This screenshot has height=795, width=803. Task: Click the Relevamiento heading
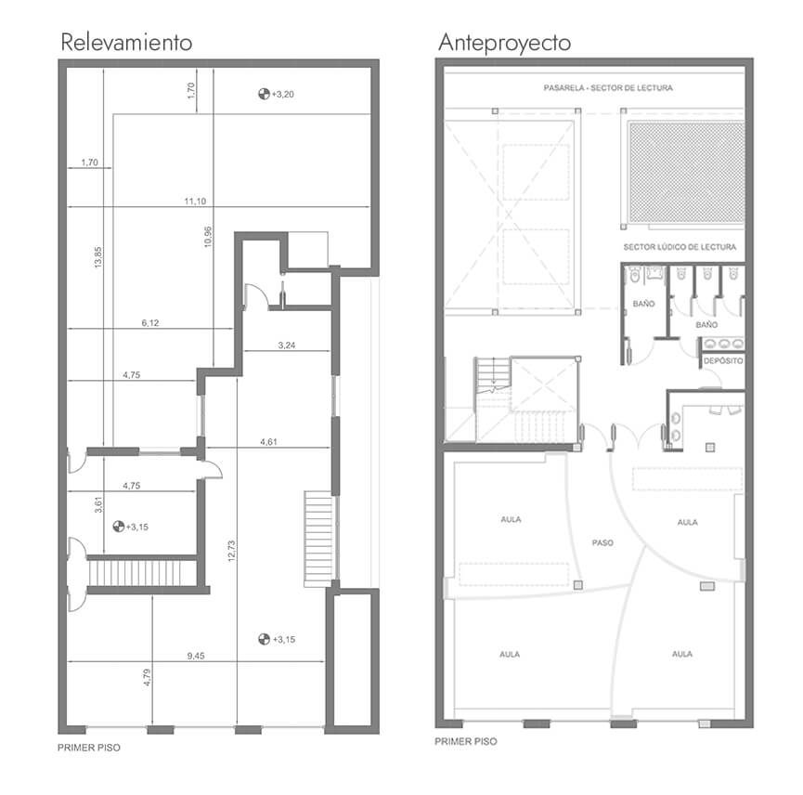pos(126,42)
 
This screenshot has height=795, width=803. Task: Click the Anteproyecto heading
pos(504,43)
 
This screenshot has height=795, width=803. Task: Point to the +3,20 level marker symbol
pos(264,94)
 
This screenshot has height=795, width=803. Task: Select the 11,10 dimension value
pos(195,202)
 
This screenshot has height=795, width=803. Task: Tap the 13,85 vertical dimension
pos(98,257)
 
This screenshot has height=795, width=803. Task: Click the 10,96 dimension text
pos(208,237)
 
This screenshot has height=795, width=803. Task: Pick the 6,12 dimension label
pos(150,323)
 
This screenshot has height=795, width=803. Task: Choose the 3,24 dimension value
pos(287,345)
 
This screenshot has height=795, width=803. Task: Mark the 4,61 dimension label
pos(269,441)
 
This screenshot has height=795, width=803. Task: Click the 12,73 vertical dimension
pos(231,551)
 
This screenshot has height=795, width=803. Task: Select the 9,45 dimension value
pos(196,656)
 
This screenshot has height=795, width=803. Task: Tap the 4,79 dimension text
pos(148,677)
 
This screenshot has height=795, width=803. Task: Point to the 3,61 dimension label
pos(98,504)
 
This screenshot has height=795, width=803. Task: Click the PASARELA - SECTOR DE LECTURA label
pos(608,88)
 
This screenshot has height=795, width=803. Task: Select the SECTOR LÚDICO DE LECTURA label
pos(680,247)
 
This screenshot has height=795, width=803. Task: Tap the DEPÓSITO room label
pos(723,360)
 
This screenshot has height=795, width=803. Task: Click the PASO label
pos(602,542)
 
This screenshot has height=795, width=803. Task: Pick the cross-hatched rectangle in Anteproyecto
pos(686,172)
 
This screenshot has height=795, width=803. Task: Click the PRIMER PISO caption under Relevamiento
pos(88,748)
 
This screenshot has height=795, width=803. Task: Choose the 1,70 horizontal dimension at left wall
pos(89,163)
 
